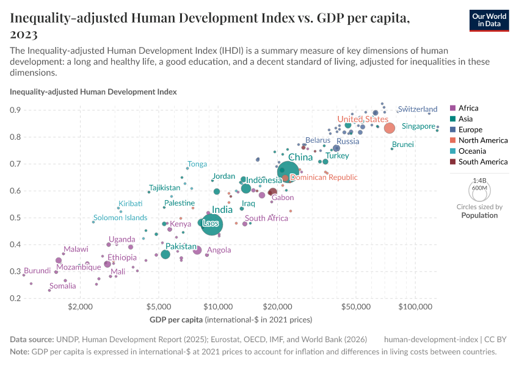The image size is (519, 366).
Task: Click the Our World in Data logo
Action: click(x=489, y=21)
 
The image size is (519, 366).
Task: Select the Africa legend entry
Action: click(x=469, y=108)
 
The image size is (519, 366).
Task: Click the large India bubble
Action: click(x=212, y=224)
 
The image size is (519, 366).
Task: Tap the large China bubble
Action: click(x=288, y=173)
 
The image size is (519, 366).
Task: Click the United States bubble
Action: click(x=389, y=127)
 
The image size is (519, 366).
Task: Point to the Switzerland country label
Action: click(x=418, y=109)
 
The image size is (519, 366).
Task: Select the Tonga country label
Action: click(x=197, y=164)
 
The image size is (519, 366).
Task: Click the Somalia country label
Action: click(x=63, y=286)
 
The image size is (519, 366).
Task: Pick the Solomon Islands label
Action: click(x=120, y=218)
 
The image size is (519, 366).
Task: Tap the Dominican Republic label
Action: click(x=324, y=178)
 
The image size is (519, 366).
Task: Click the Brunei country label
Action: click(x=403, y=145)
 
